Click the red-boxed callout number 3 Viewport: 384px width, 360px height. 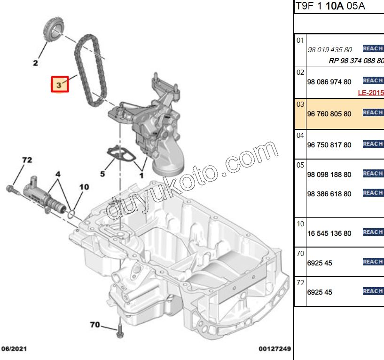coord(60,85)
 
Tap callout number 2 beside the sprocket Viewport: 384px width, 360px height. coord(36,63)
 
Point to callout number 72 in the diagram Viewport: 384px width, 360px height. coord(27,160)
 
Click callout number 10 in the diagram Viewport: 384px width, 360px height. coord(83,187)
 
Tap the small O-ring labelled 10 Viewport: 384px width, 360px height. coord(71,214)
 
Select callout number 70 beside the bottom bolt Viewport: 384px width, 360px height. coord(94,324)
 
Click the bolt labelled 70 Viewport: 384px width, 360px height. coord(120,331)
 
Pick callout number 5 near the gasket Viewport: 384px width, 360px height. coord(102,174)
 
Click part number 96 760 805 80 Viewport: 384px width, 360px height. coord(329,113)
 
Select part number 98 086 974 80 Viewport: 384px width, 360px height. coord(329,82)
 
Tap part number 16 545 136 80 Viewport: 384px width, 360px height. coord(329,233)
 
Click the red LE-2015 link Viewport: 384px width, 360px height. coord(371,93)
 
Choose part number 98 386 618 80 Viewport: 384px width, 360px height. coord(329,193)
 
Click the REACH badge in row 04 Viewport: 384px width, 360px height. coord(373,144)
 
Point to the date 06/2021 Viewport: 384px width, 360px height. coord(14,349)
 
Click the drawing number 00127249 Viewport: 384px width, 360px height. coord(274,349)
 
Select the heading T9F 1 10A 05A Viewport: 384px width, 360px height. coord(330,6)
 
